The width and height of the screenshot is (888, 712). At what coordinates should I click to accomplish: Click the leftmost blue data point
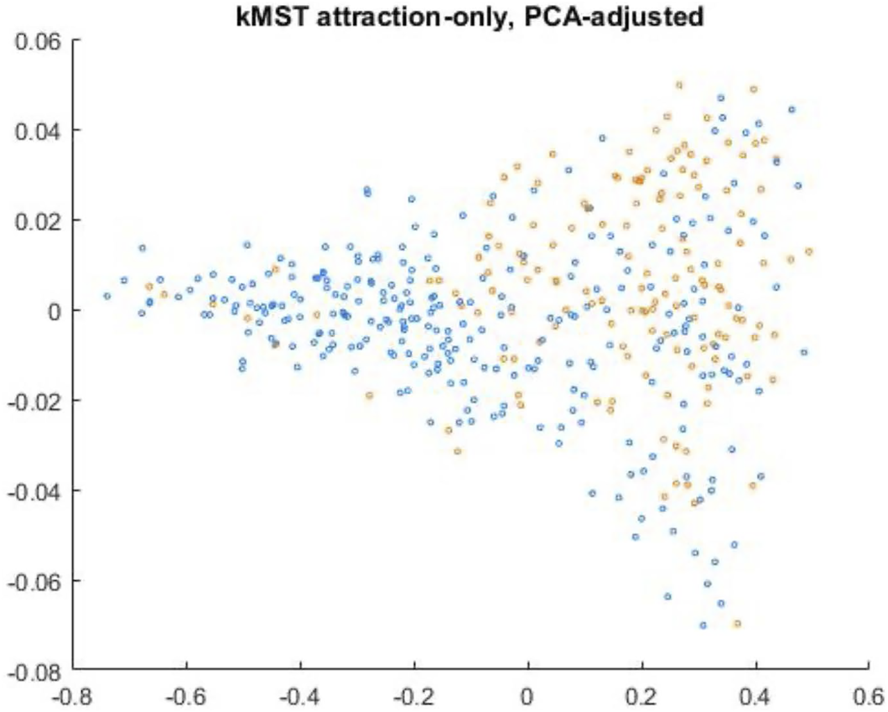click(x=107, y=296)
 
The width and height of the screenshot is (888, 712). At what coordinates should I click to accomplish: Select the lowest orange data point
click(x=737, y=623)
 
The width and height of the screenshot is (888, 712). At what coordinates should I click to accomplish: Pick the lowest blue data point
click(x=703, y=625)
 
